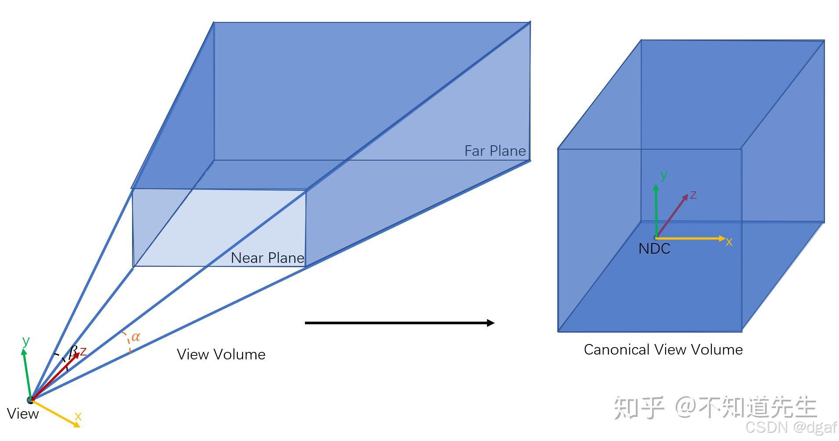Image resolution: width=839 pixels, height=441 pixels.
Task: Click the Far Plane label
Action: coord(495,151)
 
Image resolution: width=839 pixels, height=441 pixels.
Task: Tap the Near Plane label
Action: coord(267,258)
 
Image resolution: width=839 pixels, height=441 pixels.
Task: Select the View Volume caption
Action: coord(221,355)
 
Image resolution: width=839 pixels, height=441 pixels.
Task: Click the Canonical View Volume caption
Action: coord(663,350)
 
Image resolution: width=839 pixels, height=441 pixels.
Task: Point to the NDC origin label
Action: coord(654,249)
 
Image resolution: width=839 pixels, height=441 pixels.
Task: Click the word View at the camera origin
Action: coord(23,414)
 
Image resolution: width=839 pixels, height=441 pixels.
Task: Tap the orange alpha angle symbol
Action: coord(136,337)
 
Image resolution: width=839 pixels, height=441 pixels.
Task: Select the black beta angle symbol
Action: coord(73,351)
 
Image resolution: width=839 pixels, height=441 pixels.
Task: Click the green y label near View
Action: coord(26,341)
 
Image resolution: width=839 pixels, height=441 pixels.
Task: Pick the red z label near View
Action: coord(83,351)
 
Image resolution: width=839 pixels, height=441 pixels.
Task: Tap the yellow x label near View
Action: coord(78,416)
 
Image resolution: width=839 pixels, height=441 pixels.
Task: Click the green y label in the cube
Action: coord(664,175)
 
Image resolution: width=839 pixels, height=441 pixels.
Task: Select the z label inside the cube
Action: coord(693,194)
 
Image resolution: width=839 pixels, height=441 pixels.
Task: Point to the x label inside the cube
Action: coord(729,242)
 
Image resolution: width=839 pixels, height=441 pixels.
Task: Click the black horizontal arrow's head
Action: coord(490,323)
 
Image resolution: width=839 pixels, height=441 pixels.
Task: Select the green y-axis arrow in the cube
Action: coord(656,211)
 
